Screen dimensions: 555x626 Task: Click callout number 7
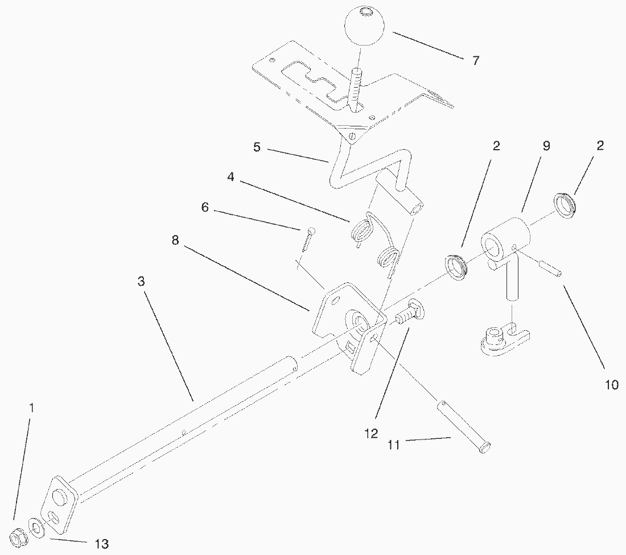click(x=476, y=60)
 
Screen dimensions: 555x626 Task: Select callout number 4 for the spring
click(x=230, y=176)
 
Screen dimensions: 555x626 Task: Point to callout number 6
click(x=205, y=207)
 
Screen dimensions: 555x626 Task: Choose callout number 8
click(x=175, y=240)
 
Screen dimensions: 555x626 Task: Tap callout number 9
click(x=546, y=146)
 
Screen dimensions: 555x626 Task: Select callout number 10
click(x=611, y=385)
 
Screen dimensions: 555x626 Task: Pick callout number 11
click(x=394, y=445)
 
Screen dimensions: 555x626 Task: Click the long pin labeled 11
click(x=463, y=426)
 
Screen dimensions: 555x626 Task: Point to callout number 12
click(x=371, y=434)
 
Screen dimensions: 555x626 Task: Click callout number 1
click(x=32, y=408)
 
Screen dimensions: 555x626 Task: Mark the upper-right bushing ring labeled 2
click(x=565, y=204)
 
